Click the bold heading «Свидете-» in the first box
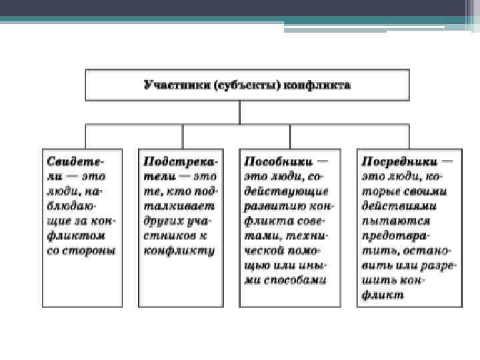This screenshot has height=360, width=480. [74, 161]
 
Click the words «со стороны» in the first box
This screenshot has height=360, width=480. [81, 251]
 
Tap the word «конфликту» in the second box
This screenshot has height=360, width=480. [179, 251]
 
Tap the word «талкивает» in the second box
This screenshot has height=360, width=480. [175, 206]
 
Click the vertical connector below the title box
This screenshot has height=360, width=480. [240, 111]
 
